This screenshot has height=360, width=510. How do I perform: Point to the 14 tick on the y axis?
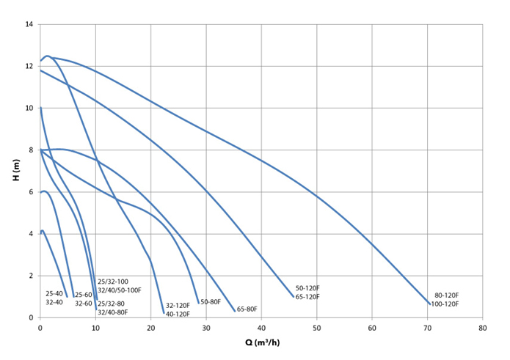click(x=30, y=25)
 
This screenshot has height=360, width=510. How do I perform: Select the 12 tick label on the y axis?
click(x=30, y=67)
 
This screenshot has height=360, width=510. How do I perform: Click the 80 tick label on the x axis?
click(x=481, y=328)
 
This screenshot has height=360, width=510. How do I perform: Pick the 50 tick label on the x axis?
click(x=316, y=328)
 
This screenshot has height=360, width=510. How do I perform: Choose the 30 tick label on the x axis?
click(x=205, y=328)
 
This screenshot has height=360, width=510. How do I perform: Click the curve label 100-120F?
click(x=445, y=304)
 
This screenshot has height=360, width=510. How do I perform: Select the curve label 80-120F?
click(x=447, y=295)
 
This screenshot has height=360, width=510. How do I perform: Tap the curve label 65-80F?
click(x=247, y=309)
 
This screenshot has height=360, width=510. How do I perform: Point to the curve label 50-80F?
click(x=211, y=302)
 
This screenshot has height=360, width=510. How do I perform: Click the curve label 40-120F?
click(x=177, y=315)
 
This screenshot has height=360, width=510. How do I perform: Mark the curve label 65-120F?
click(x=307, y=297)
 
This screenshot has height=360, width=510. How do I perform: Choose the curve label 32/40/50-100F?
click(x=119, y=290)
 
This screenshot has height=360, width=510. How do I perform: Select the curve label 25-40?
click(x=54, y=293)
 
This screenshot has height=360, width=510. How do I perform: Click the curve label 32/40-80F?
click(x=113, y=312)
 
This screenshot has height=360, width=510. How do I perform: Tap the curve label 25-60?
click(x=83, y=295)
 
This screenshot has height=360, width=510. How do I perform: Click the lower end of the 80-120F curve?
click(x=430, y=304)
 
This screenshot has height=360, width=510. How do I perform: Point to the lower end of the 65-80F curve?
click(x=235, y=311)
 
